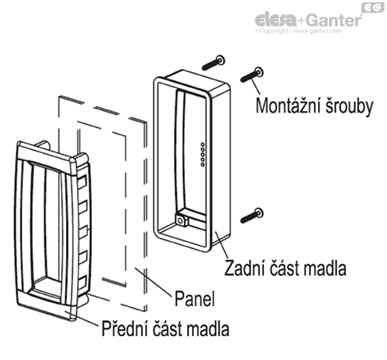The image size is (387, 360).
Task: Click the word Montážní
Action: pyautogui.click(x=284, y=106)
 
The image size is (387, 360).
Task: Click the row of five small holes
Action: pyautogui.click(x=204, y=153)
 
